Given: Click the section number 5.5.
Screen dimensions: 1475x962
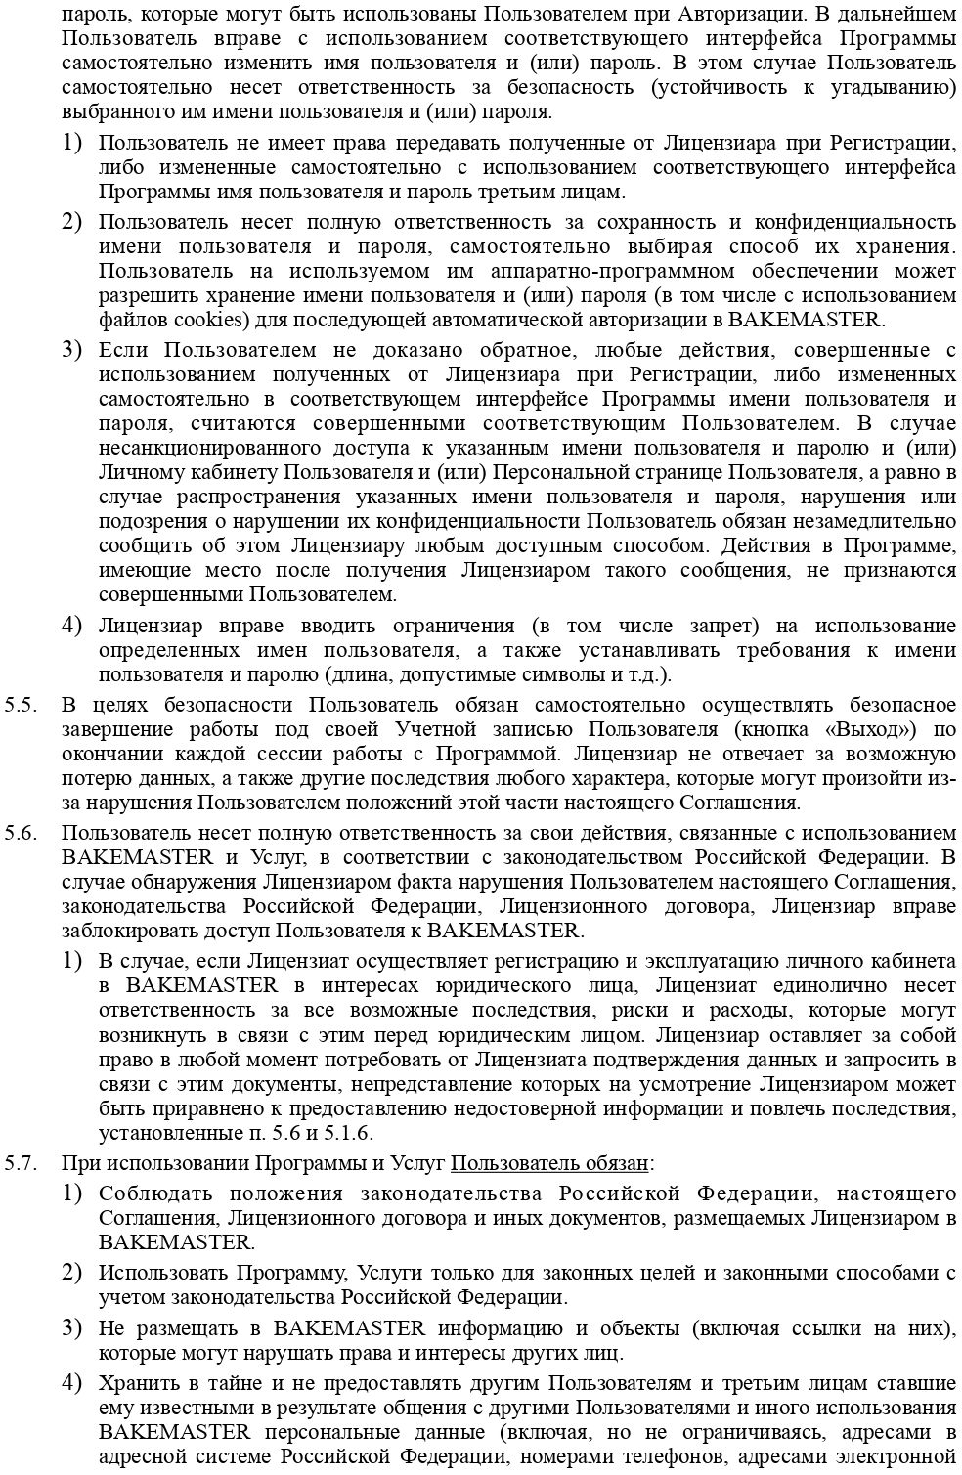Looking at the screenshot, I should [x=20, y=705].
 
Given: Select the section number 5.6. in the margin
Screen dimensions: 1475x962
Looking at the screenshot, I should [x=20, y=832].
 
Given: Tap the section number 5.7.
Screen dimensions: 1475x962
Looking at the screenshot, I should [x=20, y=1163].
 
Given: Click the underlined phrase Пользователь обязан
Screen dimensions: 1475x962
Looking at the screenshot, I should [x=549, y=1163].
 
